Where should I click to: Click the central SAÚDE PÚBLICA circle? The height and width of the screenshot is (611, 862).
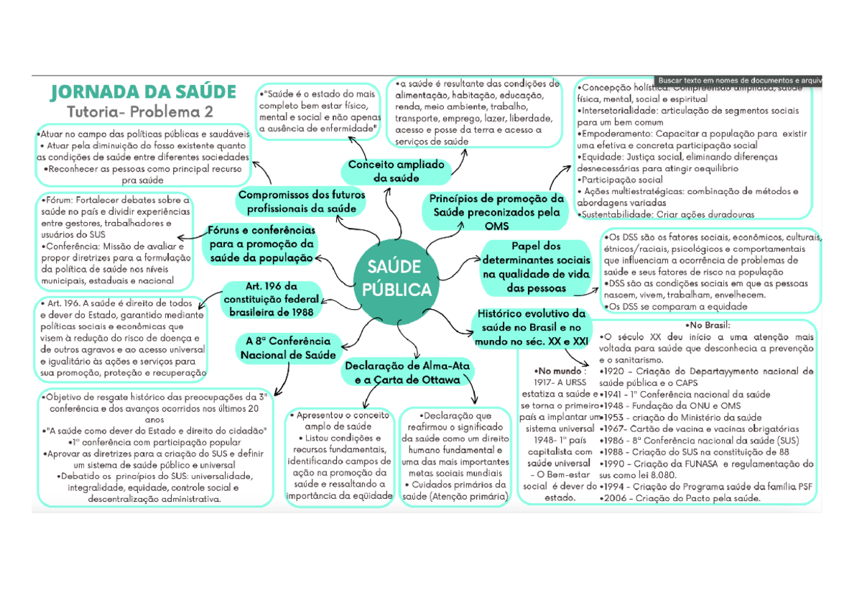click(399, 279)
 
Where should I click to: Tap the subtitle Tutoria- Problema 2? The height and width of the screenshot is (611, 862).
click(140, 112)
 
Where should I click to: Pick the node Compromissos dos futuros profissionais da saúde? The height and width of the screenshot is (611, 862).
click(301, 201)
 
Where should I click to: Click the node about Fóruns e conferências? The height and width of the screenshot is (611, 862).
click(261, 244)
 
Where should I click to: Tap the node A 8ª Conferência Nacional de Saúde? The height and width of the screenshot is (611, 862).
click(287, 348)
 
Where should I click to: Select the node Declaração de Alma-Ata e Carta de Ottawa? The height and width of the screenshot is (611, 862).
click(407, 372)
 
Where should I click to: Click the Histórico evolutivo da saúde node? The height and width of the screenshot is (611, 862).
click(530, 327)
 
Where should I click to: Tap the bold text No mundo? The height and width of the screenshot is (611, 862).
click(555, 370)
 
